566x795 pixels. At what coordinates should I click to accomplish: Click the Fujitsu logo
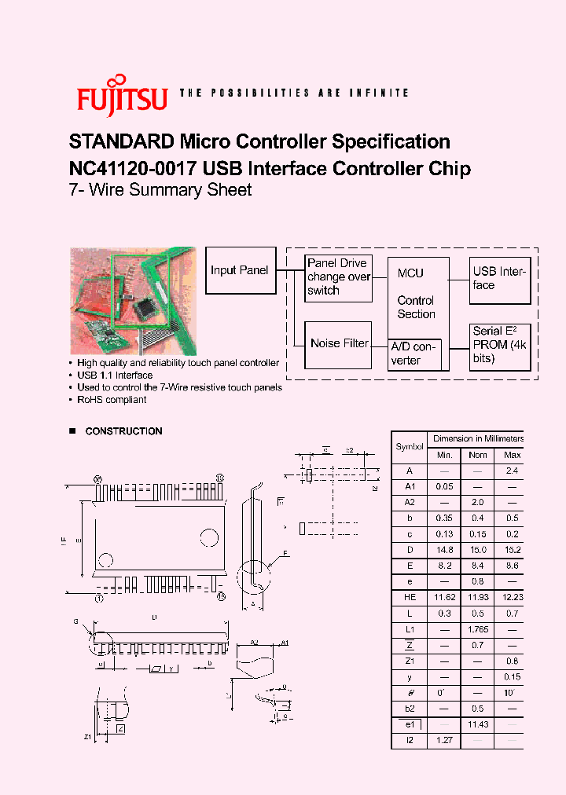(122, 96)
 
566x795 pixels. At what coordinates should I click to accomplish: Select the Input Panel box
(240, 270)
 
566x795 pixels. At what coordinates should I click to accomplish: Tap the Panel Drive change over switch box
(339, 277)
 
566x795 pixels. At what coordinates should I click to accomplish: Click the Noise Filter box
(339, 343)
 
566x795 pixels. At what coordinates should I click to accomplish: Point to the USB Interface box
(500, 279)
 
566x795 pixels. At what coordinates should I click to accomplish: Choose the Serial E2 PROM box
(500, 345)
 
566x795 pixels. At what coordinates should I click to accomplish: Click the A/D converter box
(416, 354)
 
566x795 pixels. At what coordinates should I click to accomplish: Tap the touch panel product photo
(133, 301)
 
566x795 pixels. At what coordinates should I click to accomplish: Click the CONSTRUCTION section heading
(123, 431)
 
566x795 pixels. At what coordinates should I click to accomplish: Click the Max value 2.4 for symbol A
(512, 471)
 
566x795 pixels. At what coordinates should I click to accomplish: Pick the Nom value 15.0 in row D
(478, 550)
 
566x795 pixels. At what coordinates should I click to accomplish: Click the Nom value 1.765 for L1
(478, 629)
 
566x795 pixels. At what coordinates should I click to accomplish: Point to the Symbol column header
(409, 447)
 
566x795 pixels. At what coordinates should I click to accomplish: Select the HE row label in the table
(409, 598)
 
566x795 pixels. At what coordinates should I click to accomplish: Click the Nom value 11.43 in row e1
(478, 724)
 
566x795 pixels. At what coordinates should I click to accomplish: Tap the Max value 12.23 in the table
(512, 598)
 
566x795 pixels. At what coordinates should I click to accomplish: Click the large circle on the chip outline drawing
(209, 538)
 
